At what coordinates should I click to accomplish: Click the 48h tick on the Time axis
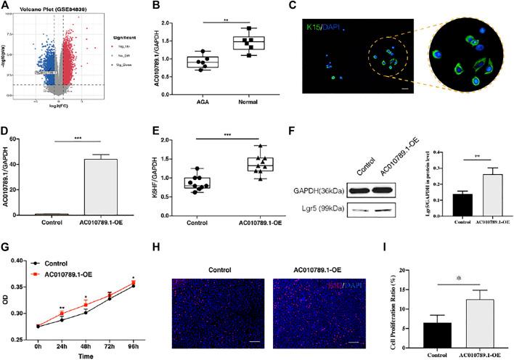tap(85, 340)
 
